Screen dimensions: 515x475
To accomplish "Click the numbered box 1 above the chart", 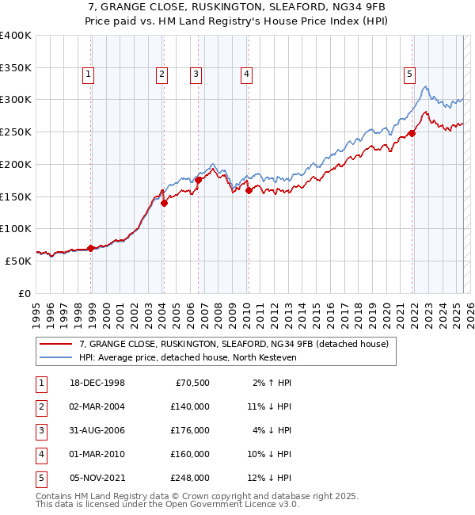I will (x=88, y=75).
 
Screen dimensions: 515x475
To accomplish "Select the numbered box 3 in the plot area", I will (x=196, y=75).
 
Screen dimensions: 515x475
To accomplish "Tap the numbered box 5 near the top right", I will (x=410, y=75).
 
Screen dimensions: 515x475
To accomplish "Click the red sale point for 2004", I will (x=164, y=203).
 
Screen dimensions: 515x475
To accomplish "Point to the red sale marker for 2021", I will (x=412, y=133).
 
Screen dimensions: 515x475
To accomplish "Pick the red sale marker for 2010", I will (x=249, y=190).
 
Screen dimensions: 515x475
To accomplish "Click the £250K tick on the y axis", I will (x=15, y=132).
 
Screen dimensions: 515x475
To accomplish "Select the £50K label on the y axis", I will (x=18, y=261).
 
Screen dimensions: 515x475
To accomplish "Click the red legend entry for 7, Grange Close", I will (x=234, y=344).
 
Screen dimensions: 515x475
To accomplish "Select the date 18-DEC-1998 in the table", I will (x=97, y=383).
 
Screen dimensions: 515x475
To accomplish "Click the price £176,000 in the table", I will (x=190, y=430).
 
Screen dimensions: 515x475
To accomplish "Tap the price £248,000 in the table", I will (x=190, y=478).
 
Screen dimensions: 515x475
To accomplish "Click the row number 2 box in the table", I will (x=39, y=406).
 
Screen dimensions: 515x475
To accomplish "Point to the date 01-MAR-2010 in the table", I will (x=97, y=454).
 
